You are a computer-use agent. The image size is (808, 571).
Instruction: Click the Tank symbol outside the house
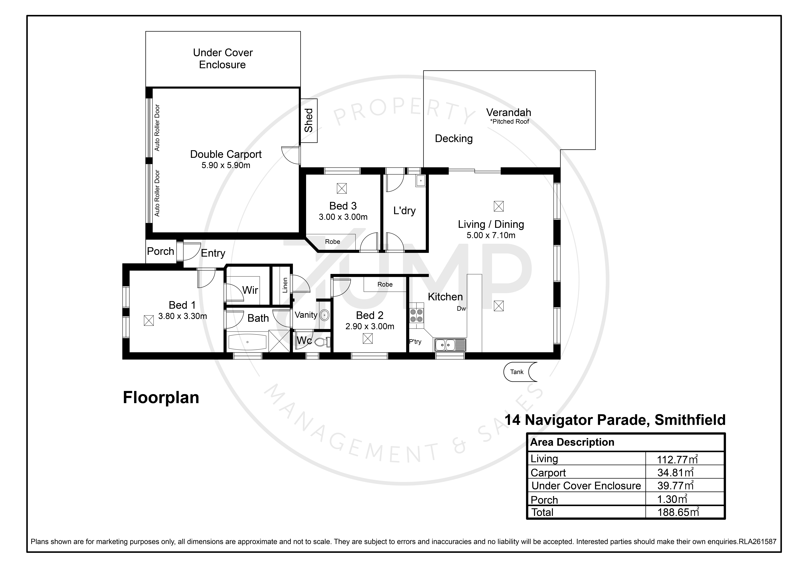tap(520, 372)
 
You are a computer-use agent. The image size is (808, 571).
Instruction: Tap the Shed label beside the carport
tap(309, 120)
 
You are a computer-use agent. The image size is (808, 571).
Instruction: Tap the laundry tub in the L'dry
tap(421, 181)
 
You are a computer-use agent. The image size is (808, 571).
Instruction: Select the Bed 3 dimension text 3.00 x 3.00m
tap(343, 217)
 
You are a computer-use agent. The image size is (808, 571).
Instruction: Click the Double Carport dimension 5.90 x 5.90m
tap(226, 165)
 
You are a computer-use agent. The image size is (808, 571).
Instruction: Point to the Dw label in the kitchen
tap(461, 309)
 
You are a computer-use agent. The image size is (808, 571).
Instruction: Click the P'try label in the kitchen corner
tap(415, 342)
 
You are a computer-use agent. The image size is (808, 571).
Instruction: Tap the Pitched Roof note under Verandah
tap(510, 122)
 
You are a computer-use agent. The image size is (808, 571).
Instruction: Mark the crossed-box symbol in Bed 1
tap(149, 320)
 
